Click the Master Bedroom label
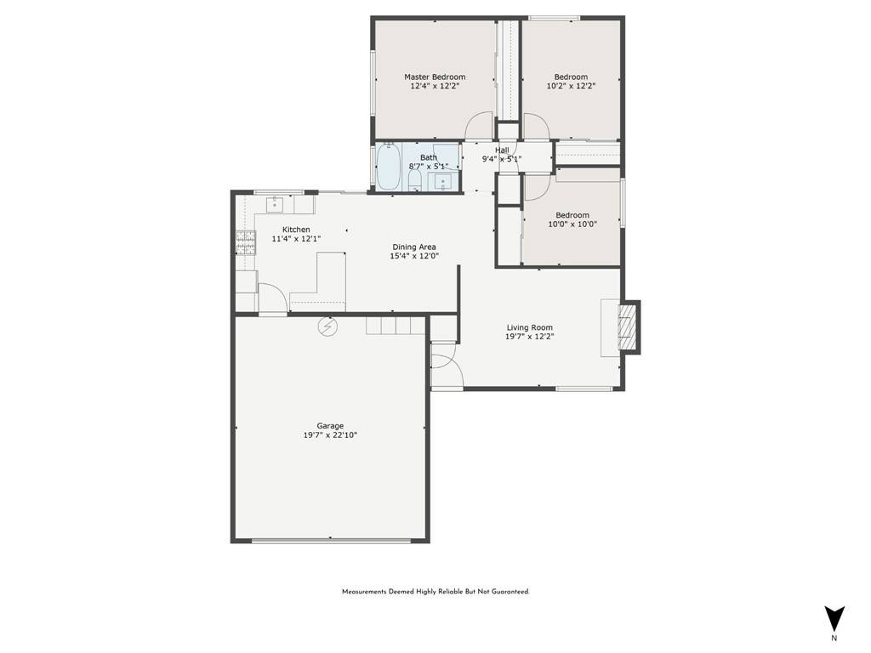(x=435, y=77)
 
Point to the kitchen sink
(x=276, y=204)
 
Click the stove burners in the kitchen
(x=246, y=243)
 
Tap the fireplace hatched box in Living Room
(x=627, y=326)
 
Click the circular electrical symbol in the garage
(x=327, y=326)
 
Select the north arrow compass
(x=834, y=618)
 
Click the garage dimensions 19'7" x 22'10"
(x=330, y=435)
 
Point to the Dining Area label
(x=414, y=247)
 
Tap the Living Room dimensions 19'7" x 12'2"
(x=530, y=337)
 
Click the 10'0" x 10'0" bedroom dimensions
(x=572, y=224)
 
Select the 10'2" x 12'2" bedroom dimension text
(x=571, y=86)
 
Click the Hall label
(x=502, y=150)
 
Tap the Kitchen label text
(x=296, y=230)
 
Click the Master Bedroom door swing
(x=479, y=128)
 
